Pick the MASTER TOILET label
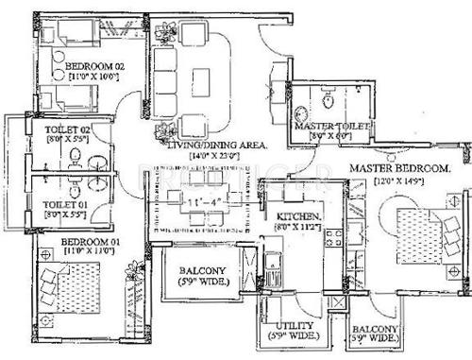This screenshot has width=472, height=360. tap(334, 126)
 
